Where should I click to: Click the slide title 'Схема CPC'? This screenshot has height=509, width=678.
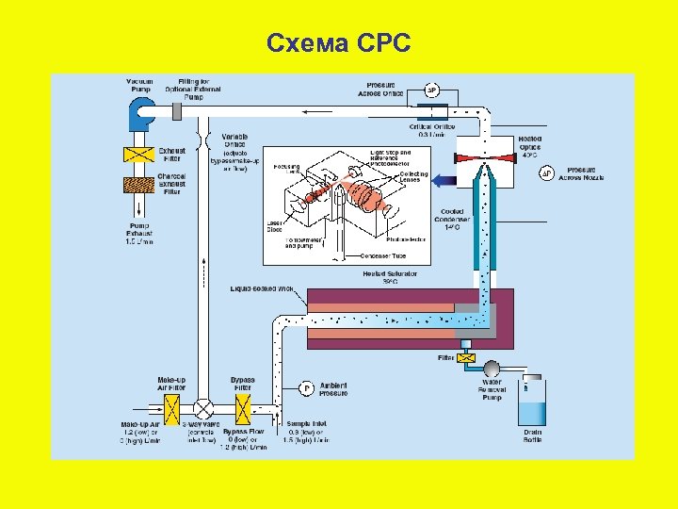(x=338, y=42)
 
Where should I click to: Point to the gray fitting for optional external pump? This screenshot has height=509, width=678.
(x=180, y=111)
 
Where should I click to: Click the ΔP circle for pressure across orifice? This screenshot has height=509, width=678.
(x=431, y=91)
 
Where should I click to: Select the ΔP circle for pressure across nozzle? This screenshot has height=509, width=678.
(x=545, y=173)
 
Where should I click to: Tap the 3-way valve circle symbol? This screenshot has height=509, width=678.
(x=204, y=409)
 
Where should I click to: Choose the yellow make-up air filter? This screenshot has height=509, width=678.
(x=171, y=409)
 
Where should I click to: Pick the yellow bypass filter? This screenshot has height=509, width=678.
(x=242, y=409)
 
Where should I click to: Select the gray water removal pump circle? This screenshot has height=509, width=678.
(x=490, y=367)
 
